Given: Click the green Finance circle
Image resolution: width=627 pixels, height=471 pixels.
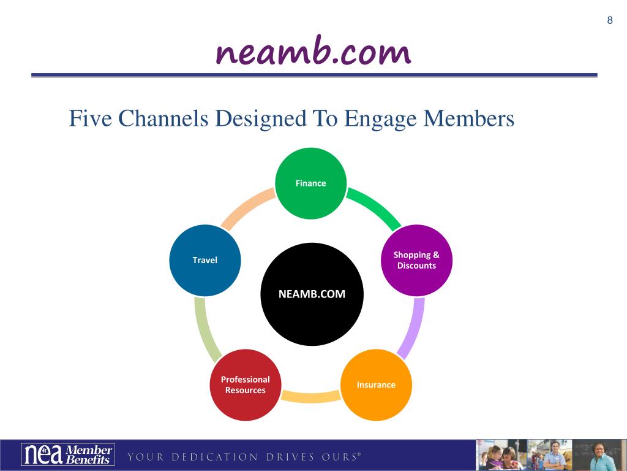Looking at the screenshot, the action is point(310,183).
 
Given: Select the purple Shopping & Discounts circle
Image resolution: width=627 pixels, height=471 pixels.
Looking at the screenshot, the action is point(416,261).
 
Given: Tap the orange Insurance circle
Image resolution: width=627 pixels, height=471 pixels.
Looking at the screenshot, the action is point(376,385).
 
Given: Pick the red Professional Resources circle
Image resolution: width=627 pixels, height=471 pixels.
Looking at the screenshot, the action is point(245,385).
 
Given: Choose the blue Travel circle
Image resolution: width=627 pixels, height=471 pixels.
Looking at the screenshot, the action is point(205,260).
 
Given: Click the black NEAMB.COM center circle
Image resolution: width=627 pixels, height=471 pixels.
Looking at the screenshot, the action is point(312,294).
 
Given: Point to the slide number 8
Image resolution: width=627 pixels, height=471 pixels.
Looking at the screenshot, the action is point(609,20).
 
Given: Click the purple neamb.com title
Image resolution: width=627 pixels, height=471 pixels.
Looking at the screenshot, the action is point(313,52).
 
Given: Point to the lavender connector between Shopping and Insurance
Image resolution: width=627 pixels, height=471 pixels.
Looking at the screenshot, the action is point(411,328).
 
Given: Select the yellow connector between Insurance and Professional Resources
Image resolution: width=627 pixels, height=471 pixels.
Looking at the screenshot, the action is point(310,397).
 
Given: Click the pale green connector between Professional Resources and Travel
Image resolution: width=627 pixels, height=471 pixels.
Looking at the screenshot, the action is point(205,328).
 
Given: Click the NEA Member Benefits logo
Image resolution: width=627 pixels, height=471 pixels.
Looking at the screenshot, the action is point(67,454).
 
